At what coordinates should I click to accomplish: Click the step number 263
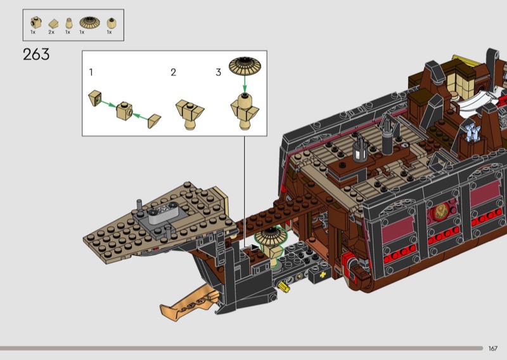[x=36, y=55]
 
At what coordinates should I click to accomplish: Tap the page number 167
[x=493, y=349]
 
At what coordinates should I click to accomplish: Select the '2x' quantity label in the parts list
[x=51, y=32]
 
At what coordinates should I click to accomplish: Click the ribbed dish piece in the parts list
[x=89, y=22]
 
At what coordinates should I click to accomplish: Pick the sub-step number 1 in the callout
[x=91, y=72]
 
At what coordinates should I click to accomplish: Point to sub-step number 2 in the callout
[x=173, y=72]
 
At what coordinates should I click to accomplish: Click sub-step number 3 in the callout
[x=218, y=72]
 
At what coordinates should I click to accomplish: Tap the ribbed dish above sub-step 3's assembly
[x=245, y=66]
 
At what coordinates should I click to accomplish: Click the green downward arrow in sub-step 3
[x=245, y=84]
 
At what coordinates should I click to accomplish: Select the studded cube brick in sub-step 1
[x=124, y=111]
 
